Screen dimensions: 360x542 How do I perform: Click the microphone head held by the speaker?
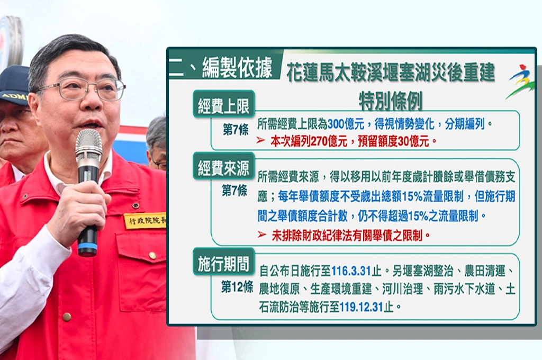click(x=88, y=146)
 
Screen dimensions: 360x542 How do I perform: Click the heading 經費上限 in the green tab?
click(x=223, y=107)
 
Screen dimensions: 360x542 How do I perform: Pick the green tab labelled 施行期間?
click(x=223, y=262)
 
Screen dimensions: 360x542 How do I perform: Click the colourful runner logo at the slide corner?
click(x=520, y=80)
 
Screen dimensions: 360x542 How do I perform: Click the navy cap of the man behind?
click(x=14, y=85)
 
